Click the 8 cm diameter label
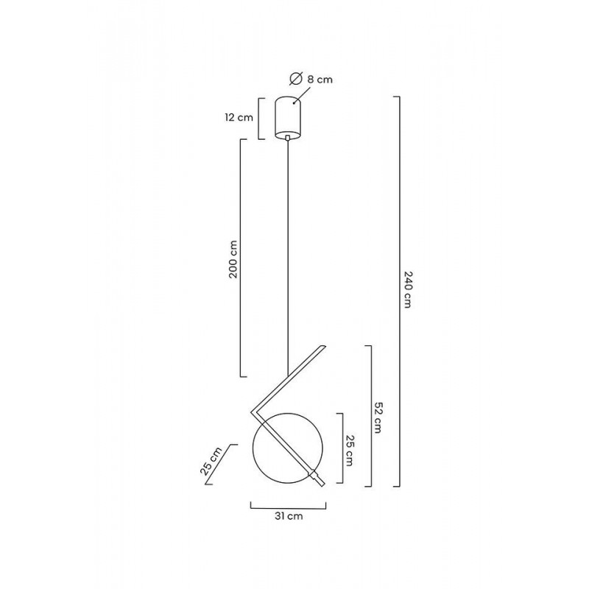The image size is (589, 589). pos(320,80)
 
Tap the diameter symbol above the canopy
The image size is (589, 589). pos(297,78)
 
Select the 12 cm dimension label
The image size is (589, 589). pos(239,118)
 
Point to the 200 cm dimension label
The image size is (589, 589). pos(233,259)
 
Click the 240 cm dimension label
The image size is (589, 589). pos(408,289)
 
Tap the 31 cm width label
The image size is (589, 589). pos(289,516)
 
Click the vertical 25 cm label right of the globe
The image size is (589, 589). pos(349,451)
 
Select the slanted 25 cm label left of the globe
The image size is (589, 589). pos(211,462)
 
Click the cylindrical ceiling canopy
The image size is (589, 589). pos(288,118)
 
